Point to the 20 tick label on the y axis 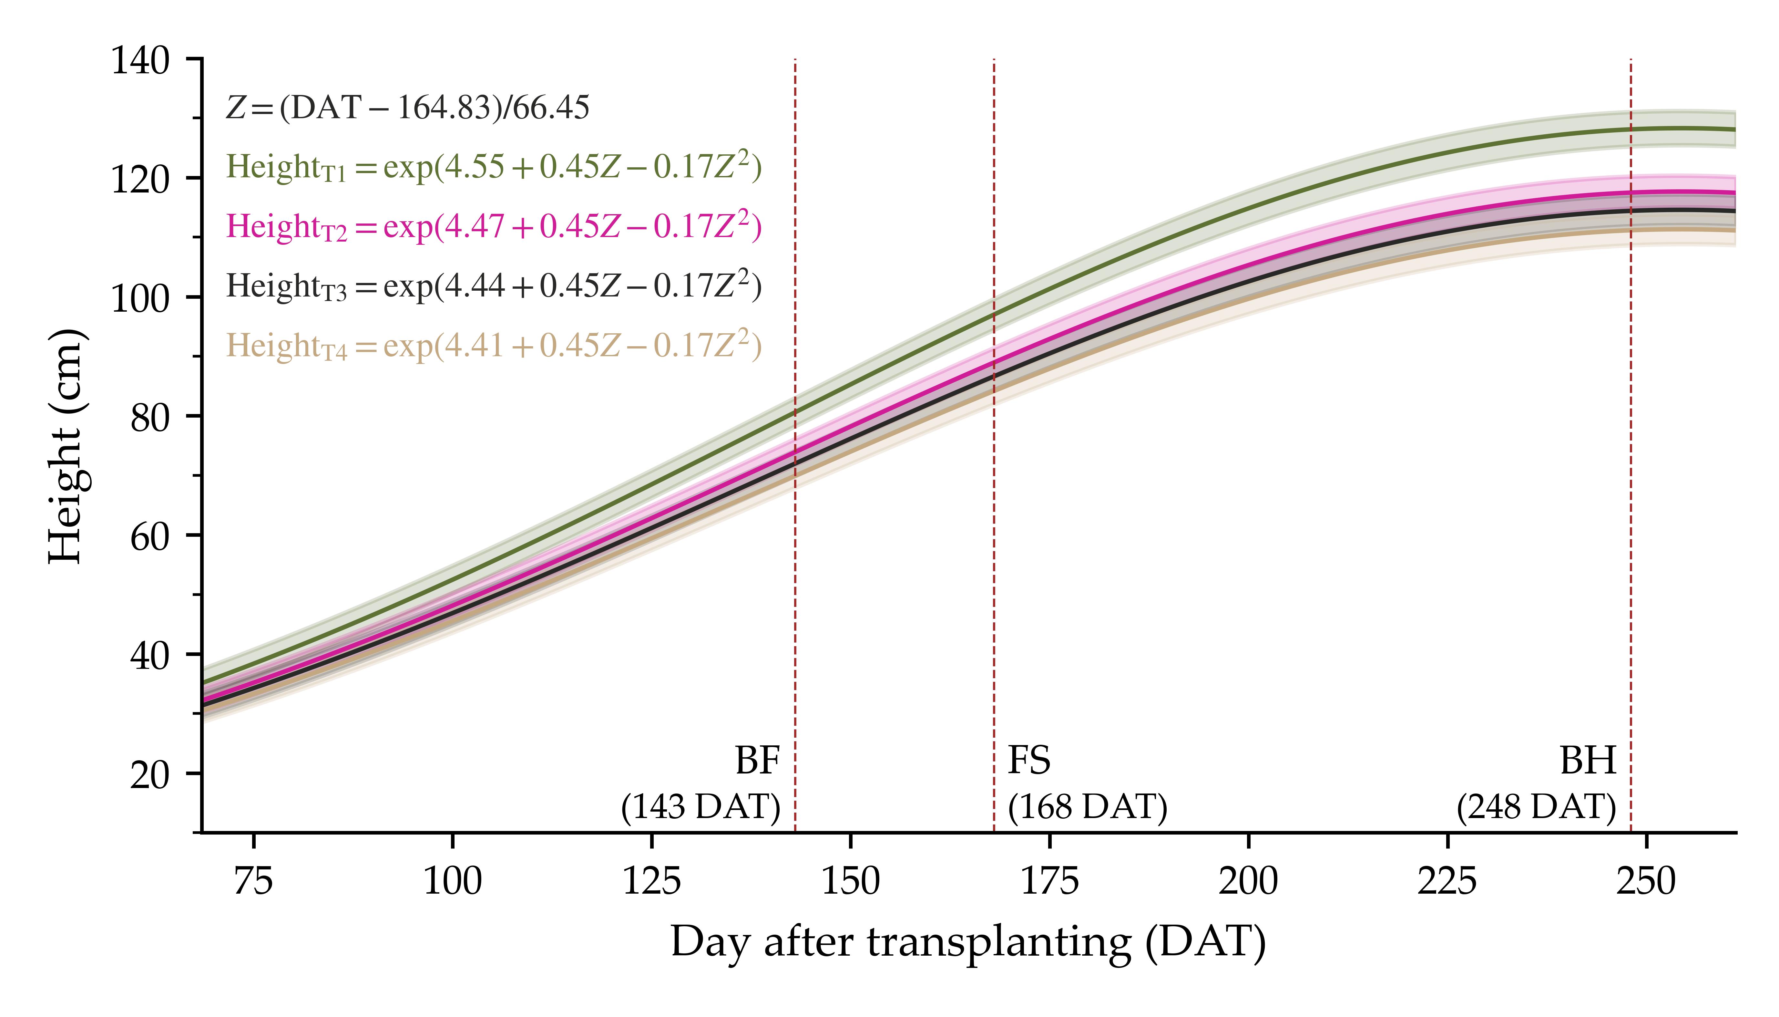coord(149,775)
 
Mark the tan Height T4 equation coord(493,346)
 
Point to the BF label coord(758,761)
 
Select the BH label coord(1589,761)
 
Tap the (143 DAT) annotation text coord(700,807)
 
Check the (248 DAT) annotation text coord(1536,807)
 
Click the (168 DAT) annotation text coord(1087,807)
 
